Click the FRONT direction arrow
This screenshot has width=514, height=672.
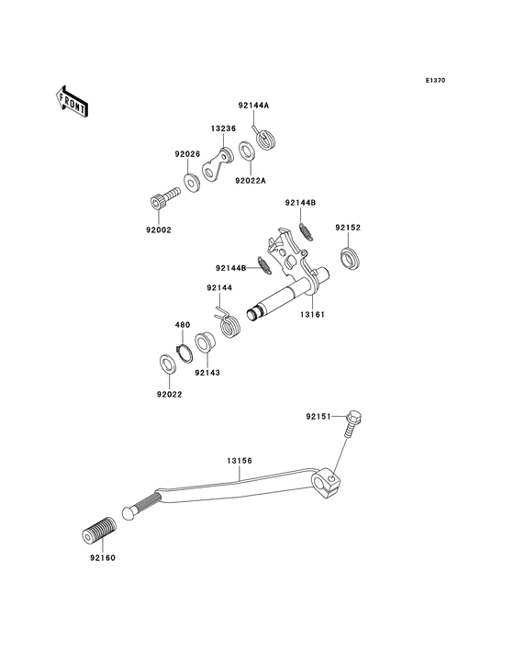[x=72, y=101]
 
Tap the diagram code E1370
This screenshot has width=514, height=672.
[x=435, y=80]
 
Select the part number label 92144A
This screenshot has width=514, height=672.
[x=253, y=105]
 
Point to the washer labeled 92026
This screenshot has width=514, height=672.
[x=192, y=182]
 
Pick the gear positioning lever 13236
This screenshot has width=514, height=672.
[x=218, y=165]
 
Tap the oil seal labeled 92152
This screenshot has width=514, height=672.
[x=351, y=259]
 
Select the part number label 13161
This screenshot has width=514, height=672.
[x=312, y=315]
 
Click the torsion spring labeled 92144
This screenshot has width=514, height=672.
[x=229, y=324]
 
